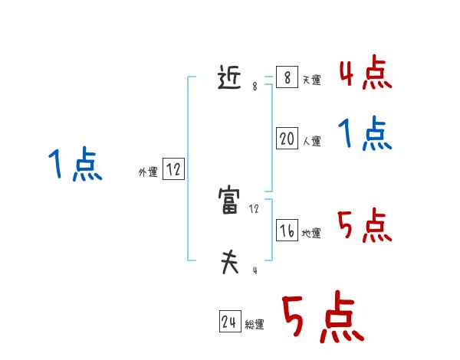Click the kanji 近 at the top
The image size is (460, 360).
point(231,78)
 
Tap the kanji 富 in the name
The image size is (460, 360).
point(230,202)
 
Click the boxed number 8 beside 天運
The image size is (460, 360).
point(287,77)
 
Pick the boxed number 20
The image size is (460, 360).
point(287,138)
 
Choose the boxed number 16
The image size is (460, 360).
point(287,231)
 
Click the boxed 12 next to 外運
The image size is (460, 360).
point(173,170)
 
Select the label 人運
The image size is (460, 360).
point(311,141)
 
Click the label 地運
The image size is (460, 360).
point(311,234)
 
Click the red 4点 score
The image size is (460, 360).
point(365,74)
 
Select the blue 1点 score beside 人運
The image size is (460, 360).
point(365,134)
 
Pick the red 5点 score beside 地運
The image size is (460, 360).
point(365,226)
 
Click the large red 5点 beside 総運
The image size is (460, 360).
point(323,318)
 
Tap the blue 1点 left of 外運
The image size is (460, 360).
point(75,165)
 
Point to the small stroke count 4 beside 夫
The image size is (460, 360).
point(255,270)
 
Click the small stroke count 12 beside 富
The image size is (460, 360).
point(255,208)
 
